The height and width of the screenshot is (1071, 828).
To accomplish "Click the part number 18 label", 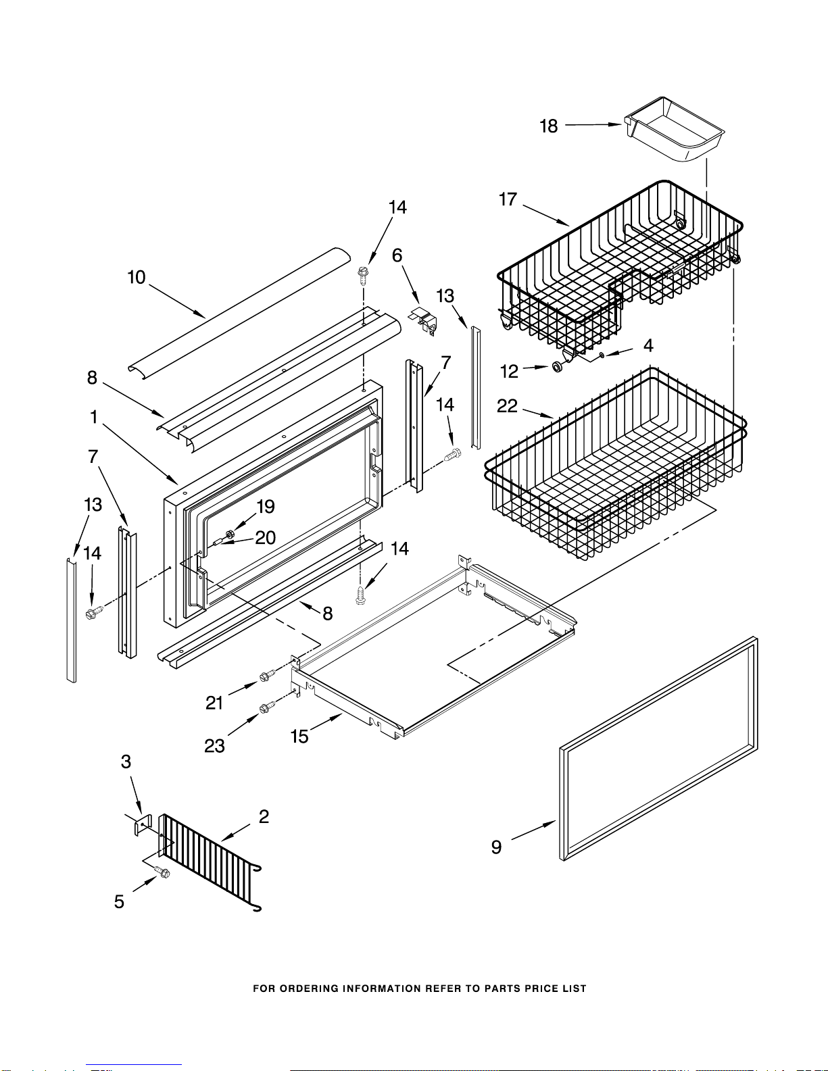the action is (x=549, y=126).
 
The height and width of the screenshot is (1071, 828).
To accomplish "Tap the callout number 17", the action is (x=508, y=199).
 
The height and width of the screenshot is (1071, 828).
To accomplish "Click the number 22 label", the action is (x=507, y=406).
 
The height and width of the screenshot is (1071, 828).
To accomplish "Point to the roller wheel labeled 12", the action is (x=558, y=367).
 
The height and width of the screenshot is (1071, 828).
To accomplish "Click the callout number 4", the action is (x=649, y=345).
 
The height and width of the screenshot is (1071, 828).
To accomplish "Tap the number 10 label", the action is (x=137, y=278).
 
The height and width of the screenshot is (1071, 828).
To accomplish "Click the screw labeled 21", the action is (x=266, y=676).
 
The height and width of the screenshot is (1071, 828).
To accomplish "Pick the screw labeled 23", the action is (x=266, y=707).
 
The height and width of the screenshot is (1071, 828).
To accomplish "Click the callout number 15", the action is (x=299, y=737).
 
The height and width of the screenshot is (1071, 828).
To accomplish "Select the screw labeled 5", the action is (x=162, y=872).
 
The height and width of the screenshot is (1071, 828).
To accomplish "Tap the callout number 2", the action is (x=264, y=817).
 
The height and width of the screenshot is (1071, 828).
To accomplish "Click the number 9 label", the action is (x=496, y=847).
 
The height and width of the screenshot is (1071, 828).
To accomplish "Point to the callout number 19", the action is (x=266, y=507).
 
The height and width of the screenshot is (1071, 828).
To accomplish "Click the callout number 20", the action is (x=265, y=538).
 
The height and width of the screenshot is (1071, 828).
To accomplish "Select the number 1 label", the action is (x=94, y=417).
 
